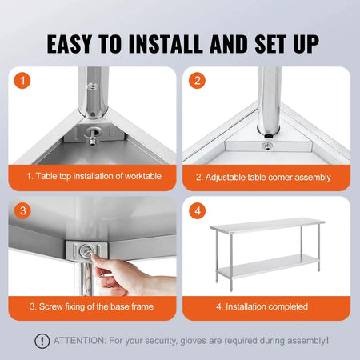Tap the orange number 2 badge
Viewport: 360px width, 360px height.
point(197,81)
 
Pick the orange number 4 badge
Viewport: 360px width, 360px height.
point(197,211)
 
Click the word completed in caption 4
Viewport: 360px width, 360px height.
point(286,306)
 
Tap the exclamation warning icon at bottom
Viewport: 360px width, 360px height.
point(42,341)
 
